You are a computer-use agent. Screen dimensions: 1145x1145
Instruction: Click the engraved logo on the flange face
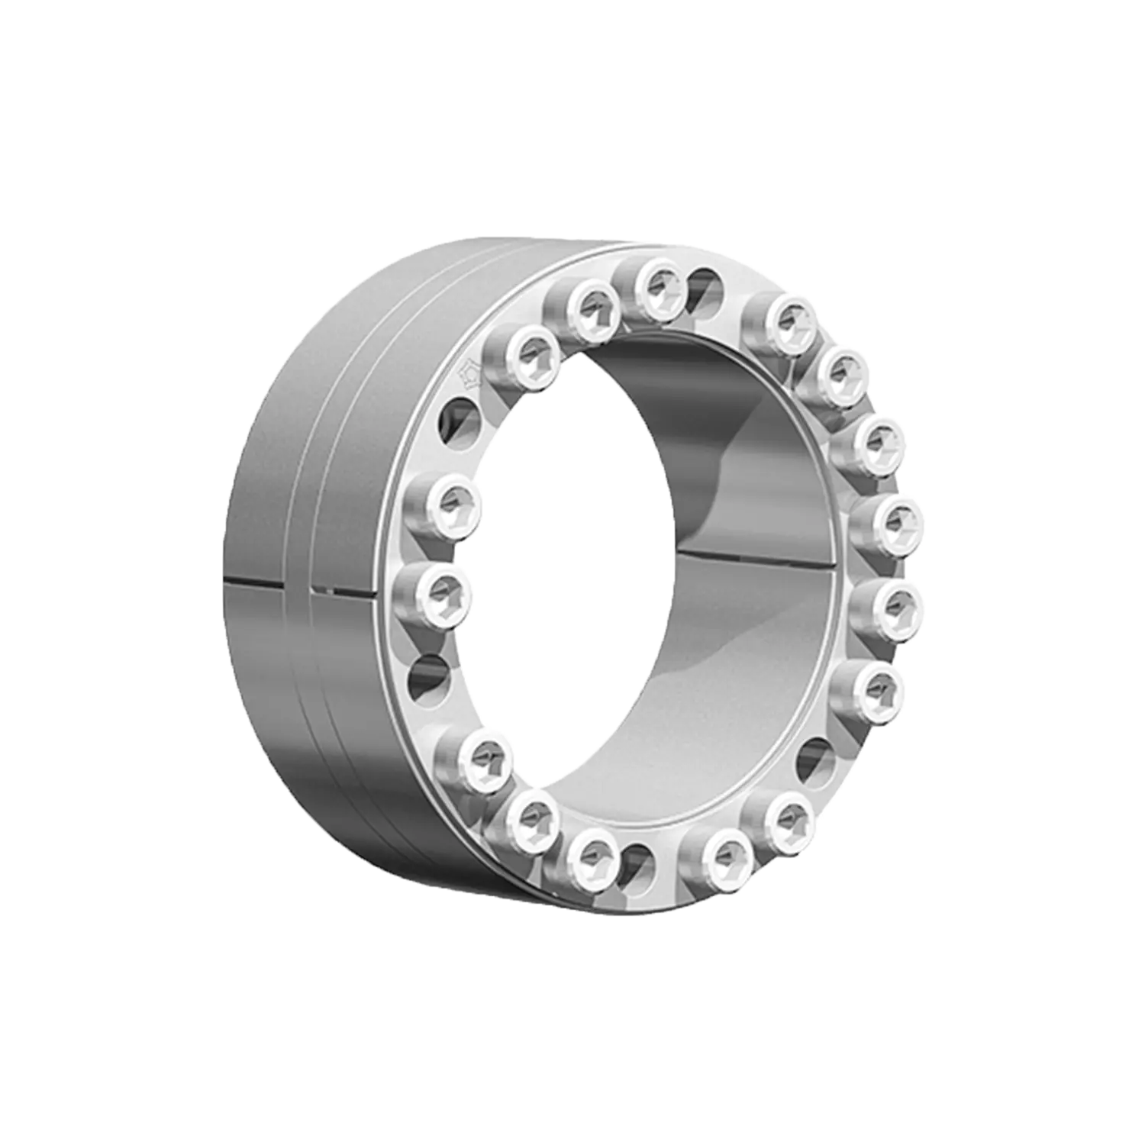(467, 375)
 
